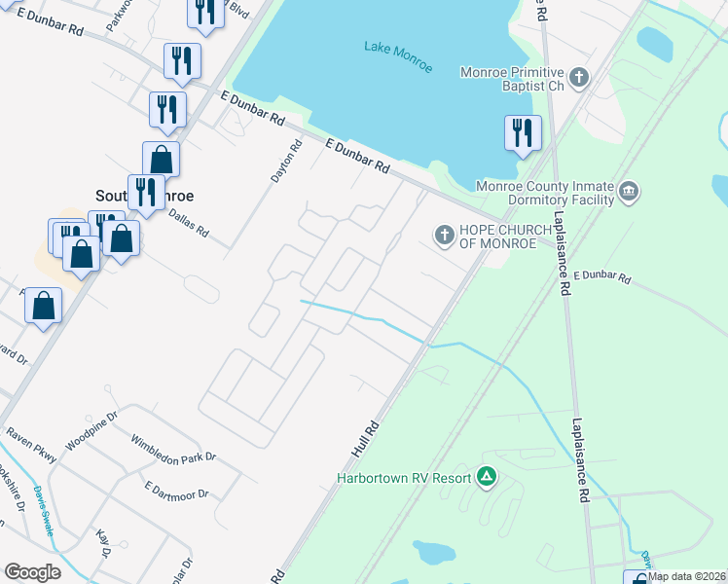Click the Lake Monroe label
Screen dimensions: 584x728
397,48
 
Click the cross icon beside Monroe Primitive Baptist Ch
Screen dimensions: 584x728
579,77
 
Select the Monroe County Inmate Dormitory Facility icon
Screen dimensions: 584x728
628,192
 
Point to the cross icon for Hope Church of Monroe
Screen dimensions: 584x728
444,234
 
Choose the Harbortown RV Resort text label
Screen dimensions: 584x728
404,478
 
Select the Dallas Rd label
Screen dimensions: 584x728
188,224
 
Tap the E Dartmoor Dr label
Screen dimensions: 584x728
176,488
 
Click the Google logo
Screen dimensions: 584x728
32,572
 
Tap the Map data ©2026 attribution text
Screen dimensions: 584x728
687,576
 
